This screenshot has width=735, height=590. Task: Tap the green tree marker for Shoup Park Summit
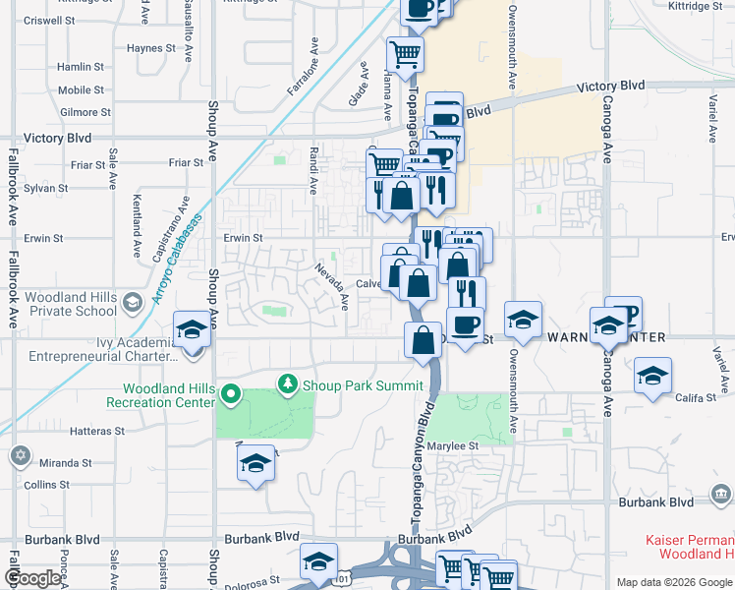coord(288,383)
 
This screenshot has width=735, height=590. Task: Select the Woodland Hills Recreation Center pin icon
coord(231,396)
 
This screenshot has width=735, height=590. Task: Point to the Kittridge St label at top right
coord(695,6)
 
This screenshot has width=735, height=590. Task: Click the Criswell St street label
coord(50,20)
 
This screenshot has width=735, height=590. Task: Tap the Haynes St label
coord(150,47)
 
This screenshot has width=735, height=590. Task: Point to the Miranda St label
coord(67,462)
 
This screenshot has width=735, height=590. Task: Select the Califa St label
coord(701,397)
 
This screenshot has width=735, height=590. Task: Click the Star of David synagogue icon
coord(20,456)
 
